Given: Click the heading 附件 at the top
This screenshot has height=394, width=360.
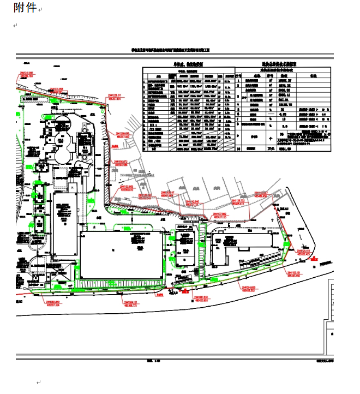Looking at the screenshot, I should [25, 8].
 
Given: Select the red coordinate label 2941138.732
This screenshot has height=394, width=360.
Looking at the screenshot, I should [241, 201].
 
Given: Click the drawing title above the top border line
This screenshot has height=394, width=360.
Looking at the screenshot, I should [170, 50].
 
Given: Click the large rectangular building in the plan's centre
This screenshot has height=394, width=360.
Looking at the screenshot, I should [122, 254].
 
